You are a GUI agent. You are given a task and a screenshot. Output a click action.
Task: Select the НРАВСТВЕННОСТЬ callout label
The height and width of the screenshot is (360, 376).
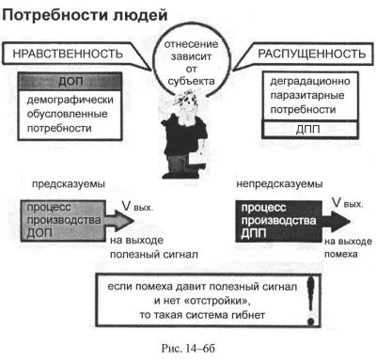coord(68,54)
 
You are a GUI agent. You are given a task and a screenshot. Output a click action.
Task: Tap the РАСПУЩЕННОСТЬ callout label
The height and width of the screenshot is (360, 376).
coord(311,54)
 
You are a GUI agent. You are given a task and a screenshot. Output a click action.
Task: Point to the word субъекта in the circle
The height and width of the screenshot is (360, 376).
coord(191,81)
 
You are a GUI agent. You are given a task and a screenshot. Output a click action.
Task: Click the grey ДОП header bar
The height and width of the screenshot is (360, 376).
coord(70,82)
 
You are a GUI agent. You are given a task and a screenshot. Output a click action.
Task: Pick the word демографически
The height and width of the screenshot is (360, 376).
coord(70,100)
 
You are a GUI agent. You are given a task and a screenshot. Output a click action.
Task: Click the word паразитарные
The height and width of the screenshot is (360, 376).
coord(307,95)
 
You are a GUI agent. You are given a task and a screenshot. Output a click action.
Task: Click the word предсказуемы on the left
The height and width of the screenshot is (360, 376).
coord(69,184)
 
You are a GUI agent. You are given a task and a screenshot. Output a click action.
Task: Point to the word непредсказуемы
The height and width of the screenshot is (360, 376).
coord(279,184)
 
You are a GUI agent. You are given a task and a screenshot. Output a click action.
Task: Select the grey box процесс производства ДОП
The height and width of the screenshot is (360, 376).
coord(63,221)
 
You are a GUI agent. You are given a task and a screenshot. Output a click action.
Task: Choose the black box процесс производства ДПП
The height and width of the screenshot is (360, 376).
coord(278,221)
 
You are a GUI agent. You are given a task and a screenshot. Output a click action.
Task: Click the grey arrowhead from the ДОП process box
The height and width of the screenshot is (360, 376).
coord(125,221)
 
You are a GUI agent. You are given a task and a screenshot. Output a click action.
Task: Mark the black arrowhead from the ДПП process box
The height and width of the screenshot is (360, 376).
coord(340,221)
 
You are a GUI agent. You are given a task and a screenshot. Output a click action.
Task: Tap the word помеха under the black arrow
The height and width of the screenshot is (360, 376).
coord(341,254)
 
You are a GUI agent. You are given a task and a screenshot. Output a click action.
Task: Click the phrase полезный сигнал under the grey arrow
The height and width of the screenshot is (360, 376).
coord(154,255)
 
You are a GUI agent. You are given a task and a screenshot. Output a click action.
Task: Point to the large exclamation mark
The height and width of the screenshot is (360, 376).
coord(310,301)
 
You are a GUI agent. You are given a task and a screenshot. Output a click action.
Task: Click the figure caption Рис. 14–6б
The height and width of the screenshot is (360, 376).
coord(188,348)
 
